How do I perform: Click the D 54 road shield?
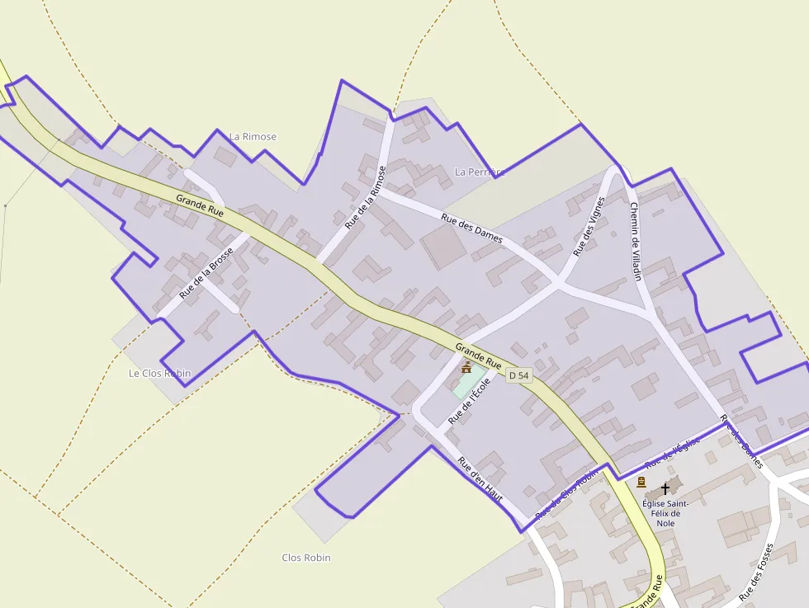(518, 375)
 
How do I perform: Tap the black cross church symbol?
(665, 489)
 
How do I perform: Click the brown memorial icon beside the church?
(641, 482)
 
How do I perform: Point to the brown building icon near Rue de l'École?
(466, 367)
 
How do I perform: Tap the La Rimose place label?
(253, 136)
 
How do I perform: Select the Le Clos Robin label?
(159, 373)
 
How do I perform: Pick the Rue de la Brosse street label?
(206, 272)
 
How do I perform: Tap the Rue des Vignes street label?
(589, 224)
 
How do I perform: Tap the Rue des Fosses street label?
(757, 571)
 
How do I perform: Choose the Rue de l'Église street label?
(673, 452)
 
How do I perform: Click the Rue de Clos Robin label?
(566, 495)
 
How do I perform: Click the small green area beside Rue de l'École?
(468, 382)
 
